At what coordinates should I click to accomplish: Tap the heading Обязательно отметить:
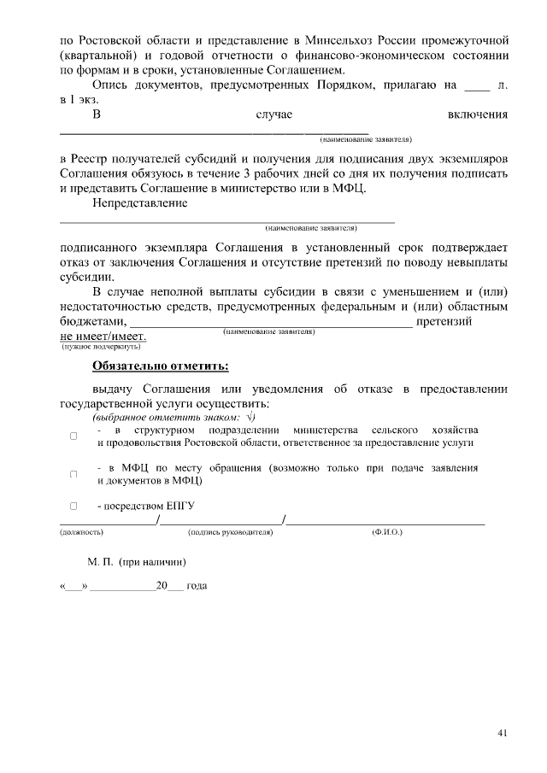tap(161, 368)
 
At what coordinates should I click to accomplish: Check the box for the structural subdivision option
tap(74, 436)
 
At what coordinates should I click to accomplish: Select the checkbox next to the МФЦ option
tap(74, 474)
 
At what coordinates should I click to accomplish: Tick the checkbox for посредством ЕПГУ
tap(74, 507)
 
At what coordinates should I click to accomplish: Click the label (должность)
tap(81, 532)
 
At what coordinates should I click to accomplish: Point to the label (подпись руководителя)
tap(230, 532)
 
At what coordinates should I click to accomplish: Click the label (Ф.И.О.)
tap(387, 532)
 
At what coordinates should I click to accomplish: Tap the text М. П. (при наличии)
tap(137, 563)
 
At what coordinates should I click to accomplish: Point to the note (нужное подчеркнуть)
tap(101, 348)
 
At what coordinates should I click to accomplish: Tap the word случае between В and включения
tap(274, 114)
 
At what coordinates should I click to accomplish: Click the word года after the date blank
tap(197, 588)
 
